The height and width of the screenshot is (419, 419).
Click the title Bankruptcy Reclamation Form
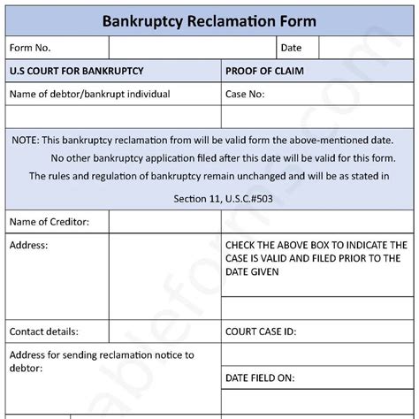tap(209, 19)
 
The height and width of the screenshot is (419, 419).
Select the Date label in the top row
tap(291, 48)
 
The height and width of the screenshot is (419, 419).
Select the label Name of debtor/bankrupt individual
tap(89, 94)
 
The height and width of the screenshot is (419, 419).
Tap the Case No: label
tap(245, 94)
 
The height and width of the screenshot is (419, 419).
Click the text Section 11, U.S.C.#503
tap(209, 198)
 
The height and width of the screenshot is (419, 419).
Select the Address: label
tap(28, 244)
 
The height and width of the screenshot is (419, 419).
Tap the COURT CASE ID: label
tap(261, 332)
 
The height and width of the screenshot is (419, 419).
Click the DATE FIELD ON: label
tap(259, 377)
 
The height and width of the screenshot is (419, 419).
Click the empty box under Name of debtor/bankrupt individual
tap(113, 117)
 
